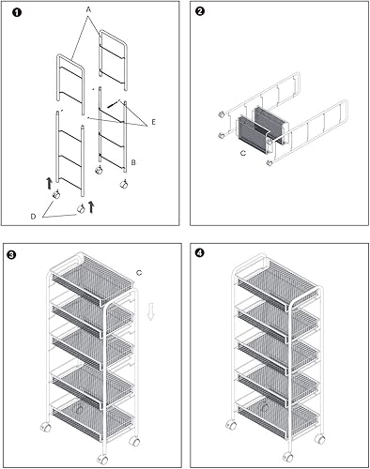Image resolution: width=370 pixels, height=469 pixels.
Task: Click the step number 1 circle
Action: coord(16,14)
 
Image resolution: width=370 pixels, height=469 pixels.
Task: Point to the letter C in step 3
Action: coord(138,273)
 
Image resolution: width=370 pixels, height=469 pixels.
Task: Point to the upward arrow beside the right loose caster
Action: coord(90,205)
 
